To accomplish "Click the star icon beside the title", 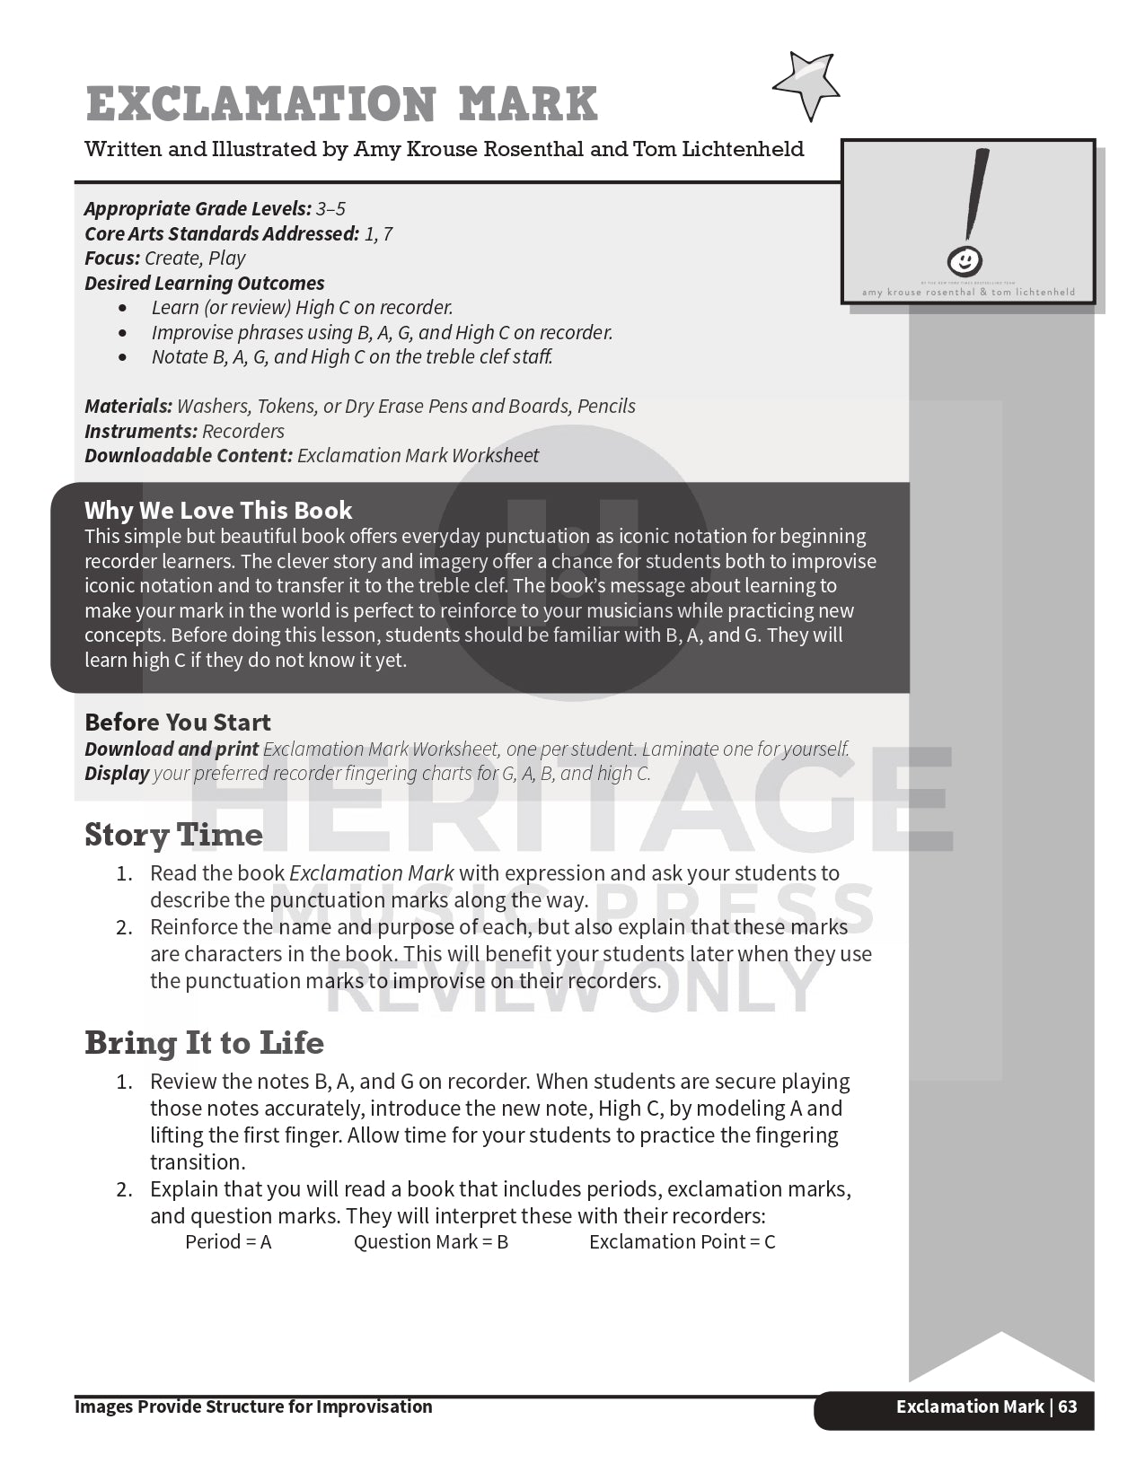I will tap(806, 84).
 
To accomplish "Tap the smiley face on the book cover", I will tap(964, 260).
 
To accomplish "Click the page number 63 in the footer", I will tap(1068, 1407).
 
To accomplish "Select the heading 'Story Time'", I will tap(173, 835).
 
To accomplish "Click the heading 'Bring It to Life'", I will tap(204, 1043).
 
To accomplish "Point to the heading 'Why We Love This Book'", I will tap(218, 510).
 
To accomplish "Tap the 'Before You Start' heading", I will tap(177, 722).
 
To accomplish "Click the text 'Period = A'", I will tap(228, 1242).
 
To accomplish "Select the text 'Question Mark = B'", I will tap(431, 1242).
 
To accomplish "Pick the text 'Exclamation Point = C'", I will tap(682, 1242).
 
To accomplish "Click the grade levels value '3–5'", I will tap(330, 209).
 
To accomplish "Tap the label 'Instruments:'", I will tap(141, 431).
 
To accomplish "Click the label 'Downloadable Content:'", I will tap(189, 456).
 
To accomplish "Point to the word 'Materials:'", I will tap(128, 407).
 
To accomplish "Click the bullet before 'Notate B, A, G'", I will tap(123, 357).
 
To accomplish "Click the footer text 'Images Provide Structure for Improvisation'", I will tap(253, 1407).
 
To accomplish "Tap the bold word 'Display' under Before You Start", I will tap(117, 774).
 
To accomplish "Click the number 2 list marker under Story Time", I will tap(124, 927).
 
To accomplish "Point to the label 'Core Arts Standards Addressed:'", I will tap(222, 234).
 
